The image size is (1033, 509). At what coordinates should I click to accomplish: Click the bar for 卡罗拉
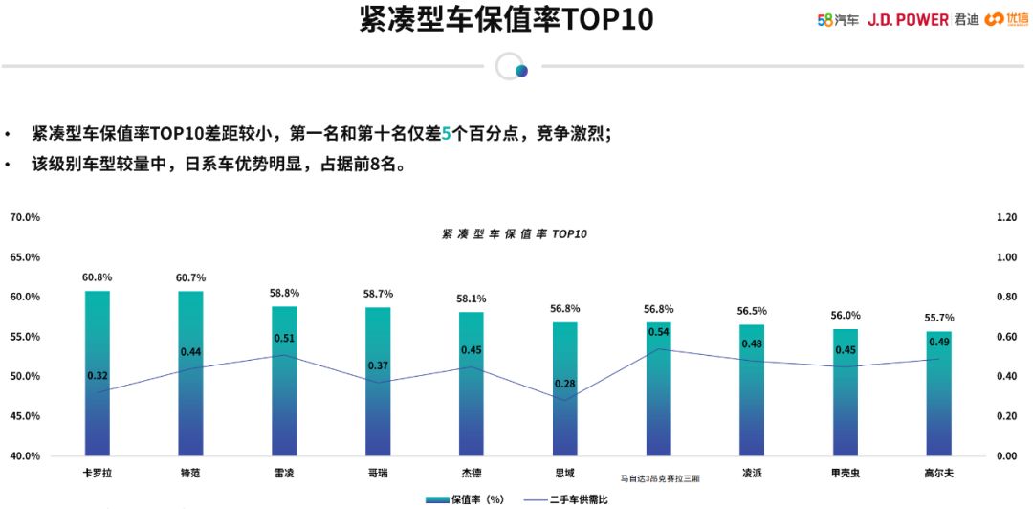(x=98, y=373)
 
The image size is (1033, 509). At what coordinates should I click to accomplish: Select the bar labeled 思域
(x=565, y=388)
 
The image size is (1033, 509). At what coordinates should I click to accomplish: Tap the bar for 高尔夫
(x=939, y=393)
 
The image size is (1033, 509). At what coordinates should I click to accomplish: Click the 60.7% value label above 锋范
(x=190, y=277)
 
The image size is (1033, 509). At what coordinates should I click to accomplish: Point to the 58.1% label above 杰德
(x=472, y=299)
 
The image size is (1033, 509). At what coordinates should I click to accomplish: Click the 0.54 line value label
(x=659, y=332)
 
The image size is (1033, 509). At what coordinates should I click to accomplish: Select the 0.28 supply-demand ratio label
(x=565, y=384)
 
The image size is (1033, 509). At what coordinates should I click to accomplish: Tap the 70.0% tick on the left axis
(x=25, y=217)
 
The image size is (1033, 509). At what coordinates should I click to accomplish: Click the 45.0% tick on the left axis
(x=25, y=416)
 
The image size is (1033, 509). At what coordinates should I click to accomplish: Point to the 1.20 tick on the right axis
(x=1006, y=217)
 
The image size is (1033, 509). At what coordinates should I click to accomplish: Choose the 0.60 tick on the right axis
(x=1006, y=337)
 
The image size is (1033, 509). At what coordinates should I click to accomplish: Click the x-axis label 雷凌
(x=284, y=473)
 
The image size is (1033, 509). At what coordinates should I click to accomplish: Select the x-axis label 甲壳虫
(x=846, y=473)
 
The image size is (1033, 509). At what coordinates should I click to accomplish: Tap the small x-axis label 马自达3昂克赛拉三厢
(x=659, y=476)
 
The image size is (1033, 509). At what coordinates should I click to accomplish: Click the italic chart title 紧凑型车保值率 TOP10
(x=514, y=234)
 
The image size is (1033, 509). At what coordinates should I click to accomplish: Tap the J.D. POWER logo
(x=908, y=19)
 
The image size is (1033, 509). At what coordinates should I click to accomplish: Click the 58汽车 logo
(x=838, y=19)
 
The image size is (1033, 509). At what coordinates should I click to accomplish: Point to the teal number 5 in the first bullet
(x=445, y=134)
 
